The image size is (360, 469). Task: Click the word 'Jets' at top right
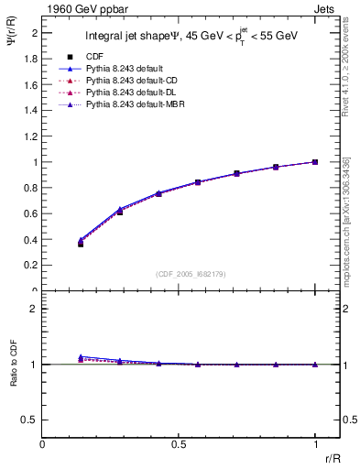tap(326, 7)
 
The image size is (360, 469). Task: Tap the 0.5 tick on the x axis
tap(179, 444)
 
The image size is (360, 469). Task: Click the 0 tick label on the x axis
tap(43, 444)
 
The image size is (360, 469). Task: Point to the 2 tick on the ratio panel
tap(34, 309)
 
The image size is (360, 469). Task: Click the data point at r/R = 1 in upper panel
tap(315, 162)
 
